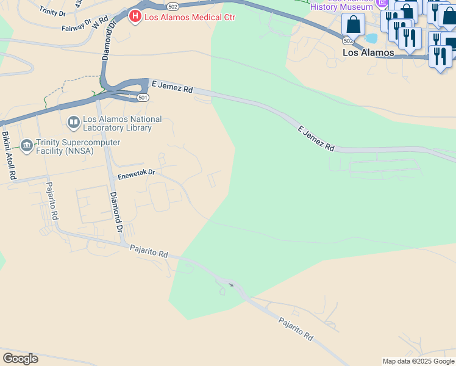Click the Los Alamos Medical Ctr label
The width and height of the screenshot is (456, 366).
point(190,17)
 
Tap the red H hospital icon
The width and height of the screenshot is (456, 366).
point(136,16)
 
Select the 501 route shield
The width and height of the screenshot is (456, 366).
point(143,97)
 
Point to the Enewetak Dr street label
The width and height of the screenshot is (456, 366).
point(137,173)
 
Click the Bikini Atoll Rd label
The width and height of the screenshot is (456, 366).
point(8,156)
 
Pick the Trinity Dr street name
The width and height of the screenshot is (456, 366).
point(52,10)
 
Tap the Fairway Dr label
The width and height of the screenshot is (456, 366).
point(76,27)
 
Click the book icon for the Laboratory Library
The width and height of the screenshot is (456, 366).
point(74,123)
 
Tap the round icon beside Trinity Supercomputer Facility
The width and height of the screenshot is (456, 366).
point(27,145)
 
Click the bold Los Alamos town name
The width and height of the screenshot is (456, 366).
point(368,53)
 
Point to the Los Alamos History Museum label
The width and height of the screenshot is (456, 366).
point(341,5)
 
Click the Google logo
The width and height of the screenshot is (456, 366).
point(20,359)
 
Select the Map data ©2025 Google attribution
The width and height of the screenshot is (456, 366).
point(418,361)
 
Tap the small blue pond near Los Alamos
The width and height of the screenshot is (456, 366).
point(371,38)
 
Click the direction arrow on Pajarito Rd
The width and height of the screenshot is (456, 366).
point(230,284)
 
